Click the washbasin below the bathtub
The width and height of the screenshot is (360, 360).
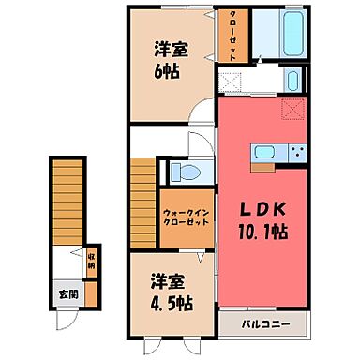pos(292,80)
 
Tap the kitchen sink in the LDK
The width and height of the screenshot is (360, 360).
pos(264,151)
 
